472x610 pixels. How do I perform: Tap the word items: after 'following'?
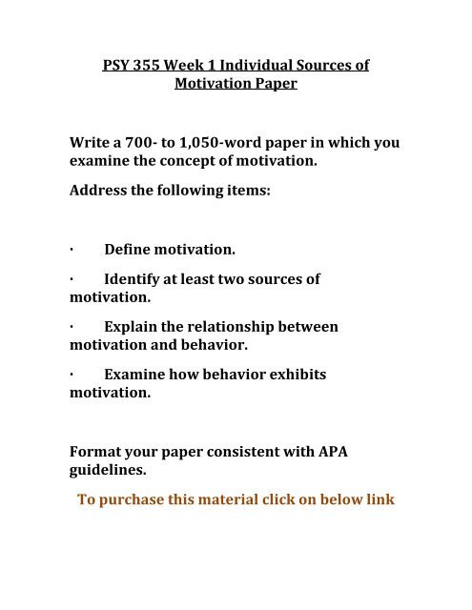pos(246,191)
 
